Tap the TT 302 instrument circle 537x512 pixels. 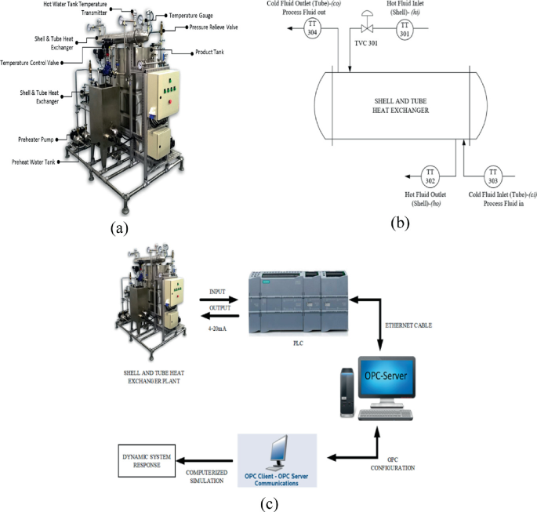coord(430,175)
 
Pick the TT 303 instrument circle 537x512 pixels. coord(493,175)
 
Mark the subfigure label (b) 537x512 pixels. coord(400,222)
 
